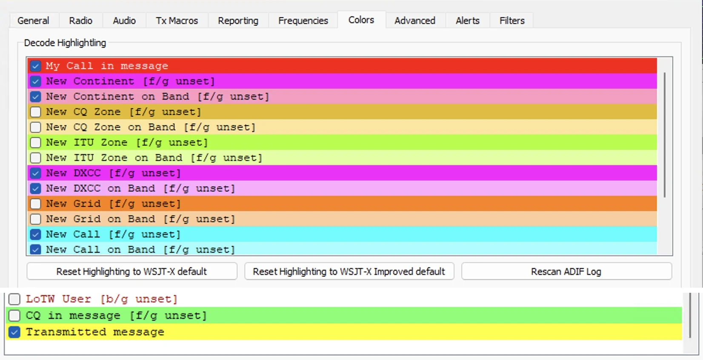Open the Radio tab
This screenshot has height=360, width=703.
pyautogui.click(x=81, y=21)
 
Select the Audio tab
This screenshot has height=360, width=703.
pyautogui.click(x=124, y=21)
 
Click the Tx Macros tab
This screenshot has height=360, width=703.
pyautogui.click(x=177, y=21)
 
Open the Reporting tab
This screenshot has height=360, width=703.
pyautogui.click(x=238, y=21)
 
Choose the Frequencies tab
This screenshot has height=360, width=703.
pyautogui.click(x=303, y=21)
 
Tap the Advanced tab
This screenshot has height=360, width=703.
pyautogui.click(x=415, y=21)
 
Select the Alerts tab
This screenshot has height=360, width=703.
pyautogui.click(x=467, y=21)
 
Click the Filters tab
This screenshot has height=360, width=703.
pyautogui.click(x=512, y=21)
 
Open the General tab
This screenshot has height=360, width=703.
pyautogui.click(x=33, y=21)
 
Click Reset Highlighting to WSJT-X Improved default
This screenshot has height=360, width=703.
pyautogui.click(x=349, y=271)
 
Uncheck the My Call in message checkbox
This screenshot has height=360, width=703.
pyautogui.click(x=35, y=66)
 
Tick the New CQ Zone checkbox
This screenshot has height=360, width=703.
pyautogui.click(x=35, y=112)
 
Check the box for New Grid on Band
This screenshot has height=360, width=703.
pyautogui.click(x=35, y=219)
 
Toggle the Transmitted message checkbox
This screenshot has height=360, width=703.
pyautogui.click(x=14, y=332)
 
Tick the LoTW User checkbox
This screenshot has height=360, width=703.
pyautogui.click(x=14, y=299)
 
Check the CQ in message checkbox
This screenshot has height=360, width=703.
pyautogui.click(x=14, y=315)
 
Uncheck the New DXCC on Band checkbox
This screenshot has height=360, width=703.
pyautogui.click(x=35, y=189)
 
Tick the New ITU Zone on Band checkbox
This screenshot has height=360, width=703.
pyautogui.click(x=35, y=157)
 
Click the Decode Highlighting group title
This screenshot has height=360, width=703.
pyautogui.click(x=65, y=43)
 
